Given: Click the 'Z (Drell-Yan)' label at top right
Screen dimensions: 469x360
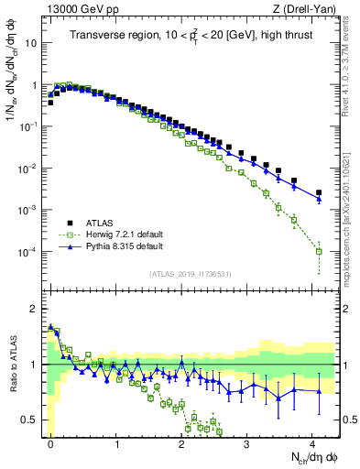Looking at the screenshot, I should coord(307,8).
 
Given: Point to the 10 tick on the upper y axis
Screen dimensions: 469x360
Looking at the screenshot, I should coord(33,43).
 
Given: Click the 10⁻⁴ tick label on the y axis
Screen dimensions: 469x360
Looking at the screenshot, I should coord(29,252).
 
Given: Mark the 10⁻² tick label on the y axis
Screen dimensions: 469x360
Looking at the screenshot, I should coord(29,169).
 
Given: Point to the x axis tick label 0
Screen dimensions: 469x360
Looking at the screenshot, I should coord(50,444).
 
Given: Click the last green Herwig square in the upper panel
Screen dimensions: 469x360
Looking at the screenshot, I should coord(319,251).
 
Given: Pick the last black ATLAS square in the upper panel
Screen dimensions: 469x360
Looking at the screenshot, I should coord(319,193).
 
